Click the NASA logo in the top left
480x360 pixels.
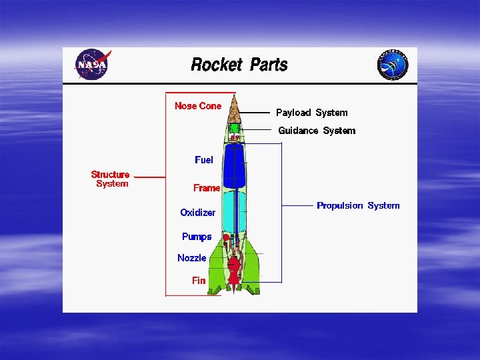(x=91, y=65)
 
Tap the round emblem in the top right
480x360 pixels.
(x=393, y=65)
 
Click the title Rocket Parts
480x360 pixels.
(x=239, y=65)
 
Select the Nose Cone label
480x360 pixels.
(x=198, y=106)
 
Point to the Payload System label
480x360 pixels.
(x=311, y=113)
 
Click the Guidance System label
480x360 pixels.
(x=317, y=131)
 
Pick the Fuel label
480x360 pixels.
(x=204, y=160)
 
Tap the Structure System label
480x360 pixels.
(x=111, y=179)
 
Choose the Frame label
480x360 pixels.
(x=207, y=188)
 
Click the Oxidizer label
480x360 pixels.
(x=198, y=213)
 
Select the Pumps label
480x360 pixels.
(x=197, y=237)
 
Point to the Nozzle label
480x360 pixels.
(x=192, y=258)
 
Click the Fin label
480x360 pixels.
(x=199, y=281)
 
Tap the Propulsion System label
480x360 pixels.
(x=358, y=205)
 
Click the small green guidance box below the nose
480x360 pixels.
(x=234, y=127)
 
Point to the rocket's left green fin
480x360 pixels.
(x=216, y=273)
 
